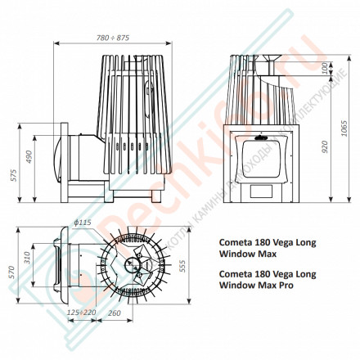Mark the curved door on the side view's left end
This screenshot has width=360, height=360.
tap(53, 160)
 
